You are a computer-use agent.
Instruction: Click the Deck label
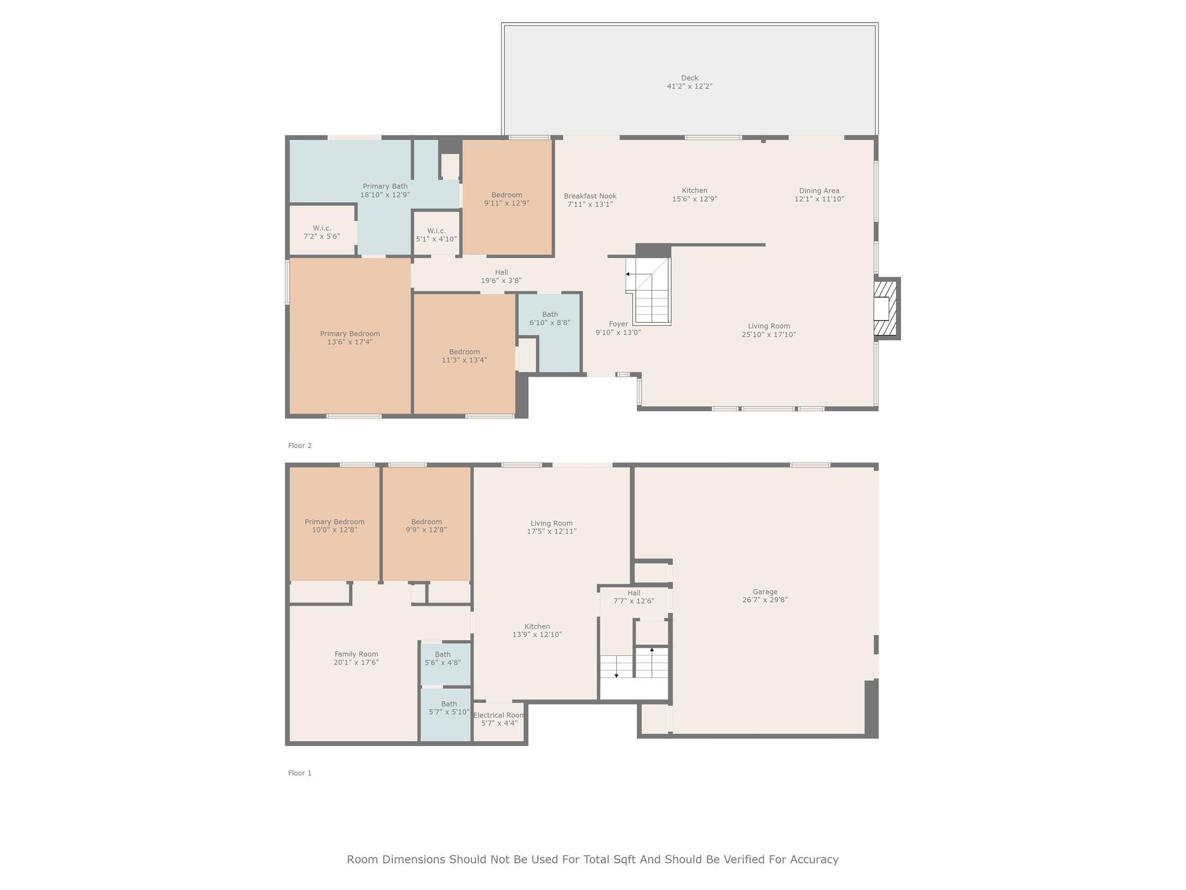point(689,78)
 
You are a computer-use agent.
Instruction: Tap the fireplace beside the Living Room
point(886,308)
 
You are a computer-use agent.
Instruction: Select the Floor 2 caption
point(300,446)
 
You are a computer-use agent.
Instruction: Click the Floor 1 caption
point(300,773)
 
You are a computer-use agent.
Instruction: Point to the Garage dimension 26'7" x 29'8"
point(765,600)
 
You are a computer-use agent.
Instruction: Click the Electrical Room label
point(499,715)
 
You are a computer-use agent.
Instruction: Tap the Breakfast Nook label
point(590,196)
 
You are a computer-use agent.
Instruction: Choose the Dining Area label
point(819,191)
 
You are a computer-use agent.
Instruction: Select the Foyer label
point(618,324)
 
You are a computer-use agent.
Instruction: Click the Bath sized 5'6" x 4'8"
point(445,664)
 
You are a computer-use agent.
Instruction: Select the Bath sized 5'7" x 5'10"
point(445,714)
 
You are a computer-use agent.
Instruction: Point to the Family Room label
point(356,654)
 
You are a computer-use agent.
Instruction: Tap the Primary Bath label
point(385,187)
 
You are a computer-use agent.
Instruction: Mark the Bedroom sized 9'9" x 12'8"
point(427,524)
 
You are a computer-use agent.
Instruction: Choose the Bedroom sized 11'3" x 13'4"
point(464,355)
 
